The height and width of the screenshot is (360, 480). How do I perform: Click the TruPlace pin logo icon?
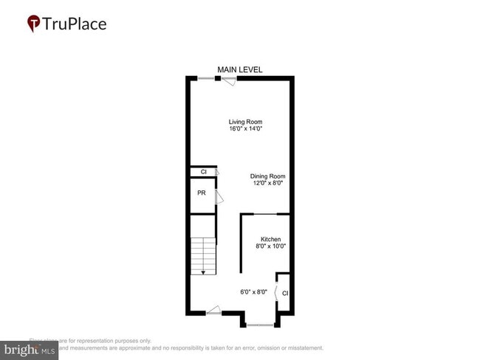point(34,24)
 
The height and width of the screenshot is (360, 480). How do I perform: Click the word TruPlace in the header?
point(75,24)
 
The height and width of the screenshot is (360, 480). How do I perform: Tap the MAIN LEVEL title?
point(240,69)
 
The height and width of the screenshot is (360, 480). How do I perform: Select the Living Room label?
point(246,122)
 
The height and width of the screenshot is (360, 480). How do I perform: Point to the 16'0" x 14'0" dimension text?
point(246,129)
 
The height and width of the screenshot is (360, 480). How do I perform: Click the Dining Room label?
point(267,176)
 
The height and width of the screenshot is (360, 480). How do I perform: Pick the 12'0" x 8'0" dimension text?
point(267,184)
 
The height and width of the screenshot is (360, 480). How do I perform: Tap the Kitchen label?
point(270,240)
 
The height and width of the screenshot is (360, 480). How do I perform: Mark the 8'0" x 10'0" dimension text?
point(270,247)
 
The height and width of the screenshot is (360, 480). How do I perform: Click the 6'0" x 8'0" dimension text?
point(253,292)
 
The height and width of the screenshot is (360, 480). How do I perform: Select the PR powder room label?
point(201,193)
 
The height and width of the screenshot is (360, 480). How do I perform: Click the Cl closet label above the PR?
point(203,173)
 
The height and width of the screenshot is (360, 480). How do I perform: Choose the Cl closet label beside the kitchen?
point(284,294)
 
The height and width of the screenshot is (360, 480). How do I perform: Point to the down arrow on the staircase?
point(203,271)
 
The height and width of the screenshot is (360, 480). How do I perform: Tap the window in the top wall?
point(206,78)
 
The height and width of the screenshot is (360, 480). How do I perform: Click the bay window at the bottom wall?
point(261,325)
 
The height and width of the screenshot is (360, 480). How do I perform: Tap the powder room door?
point(218,198)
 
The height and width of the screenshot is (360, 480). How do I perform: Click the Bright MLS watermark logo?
point(30,349)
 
